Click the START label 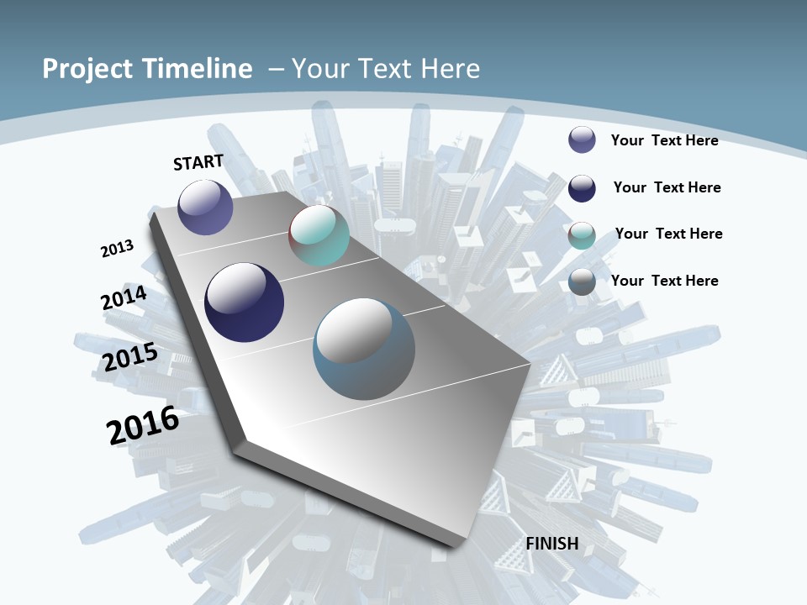click(x=198, y=162)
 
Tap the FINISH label click(x=552, y=544)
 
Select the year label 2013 click(x=117, y=248)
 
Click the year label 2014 click(x=124, y=298)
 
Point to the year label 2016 click(x=143, y=425)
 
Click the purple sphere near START click(x=206, y=207)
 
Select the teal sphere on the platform click(x=319, y=235)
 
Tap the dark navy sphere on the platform click(x=244, y=302)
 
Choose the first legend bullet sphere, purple click(x=582, y=140)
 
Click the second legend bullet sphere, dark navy click(x=582, y=188)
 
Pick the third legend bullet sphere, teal click(x=582, y=235)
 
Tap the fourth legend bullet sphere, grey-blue click(x=582, y=282)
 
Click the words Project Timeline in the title click(x=147, y=69)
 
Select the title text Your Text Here click(x=386, y=69)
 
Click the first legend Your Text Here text click(x=664, y=140)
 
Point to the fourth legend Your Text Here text click(x=664, y=281)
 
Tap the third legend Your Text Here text click(x=668, y=234)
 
